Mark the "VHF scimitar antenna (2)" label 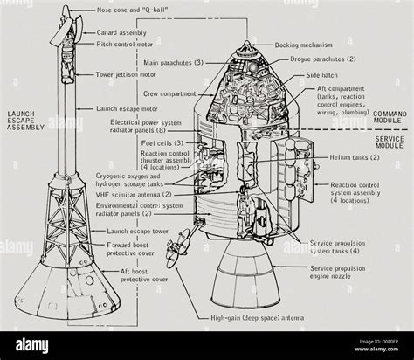point(141,195)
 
